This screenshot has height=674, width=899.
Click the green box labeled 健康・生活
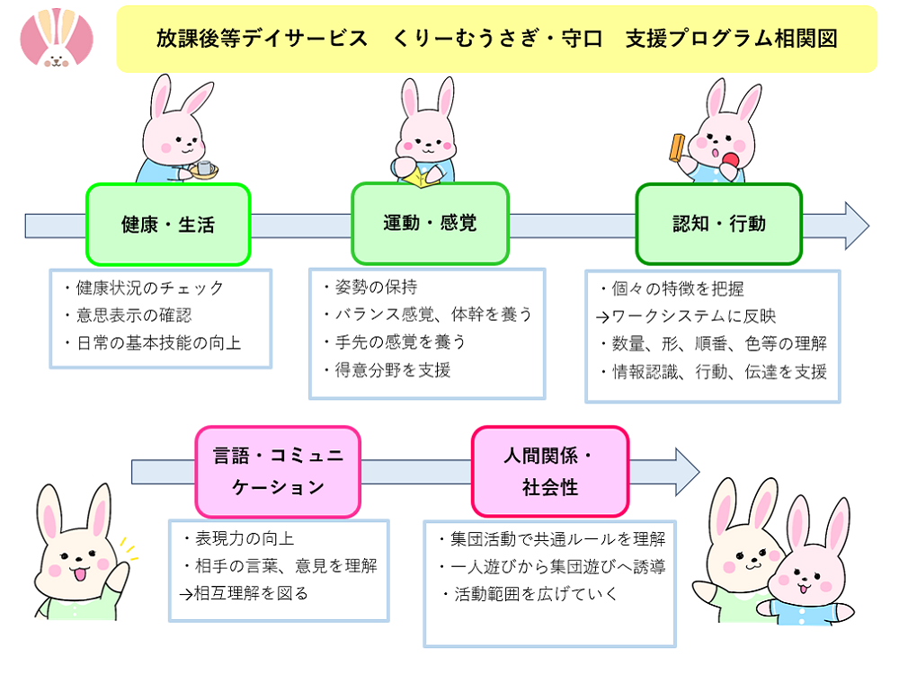tap(168, 224)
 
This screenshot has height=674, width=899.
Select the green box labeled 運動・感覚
tap(430, 223)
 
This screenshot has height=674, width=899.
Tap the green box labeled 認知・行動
tap(718, 224)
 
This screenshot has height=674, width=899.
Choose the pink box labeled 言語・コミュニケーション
tap(278, 471)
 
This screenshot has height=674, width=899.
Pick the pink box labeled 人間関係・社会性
tap(550, 471)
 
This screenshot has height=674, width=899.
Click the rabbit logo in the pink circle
tap(56, 37)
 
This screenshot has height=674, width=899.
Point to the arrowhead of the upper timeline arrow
tap(857, 226)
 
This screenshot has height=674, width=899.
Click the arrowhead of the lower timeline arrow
tap(688, 472)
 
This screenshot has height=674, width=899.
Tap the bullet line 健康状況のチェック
tap(144, 288)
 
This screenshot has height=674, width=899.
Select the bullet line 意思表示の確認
tap(128, 315)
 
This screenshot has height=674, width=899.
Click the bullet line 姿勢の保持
tap(369, 287)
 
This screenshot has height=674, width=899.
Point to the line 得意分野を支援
tap(387, 369)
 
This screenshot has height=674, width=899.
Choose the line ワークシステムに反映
tap(686, 315)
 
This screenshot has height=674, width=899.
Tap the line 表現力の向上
tap(238, 538)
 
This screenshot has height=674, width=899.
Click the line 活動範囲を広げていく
tap(530, 594)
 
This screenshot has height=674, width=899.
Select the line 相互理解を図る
tap(244, 593)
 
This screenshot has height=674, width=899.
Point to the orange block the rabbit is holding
tap(677, 147)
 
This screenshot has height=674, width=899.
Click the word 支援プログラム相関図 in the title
tap(732, 39)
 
